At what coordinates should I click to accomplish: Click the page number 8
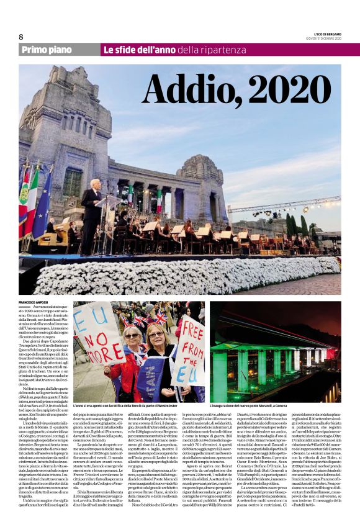(x=20, y=37)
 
